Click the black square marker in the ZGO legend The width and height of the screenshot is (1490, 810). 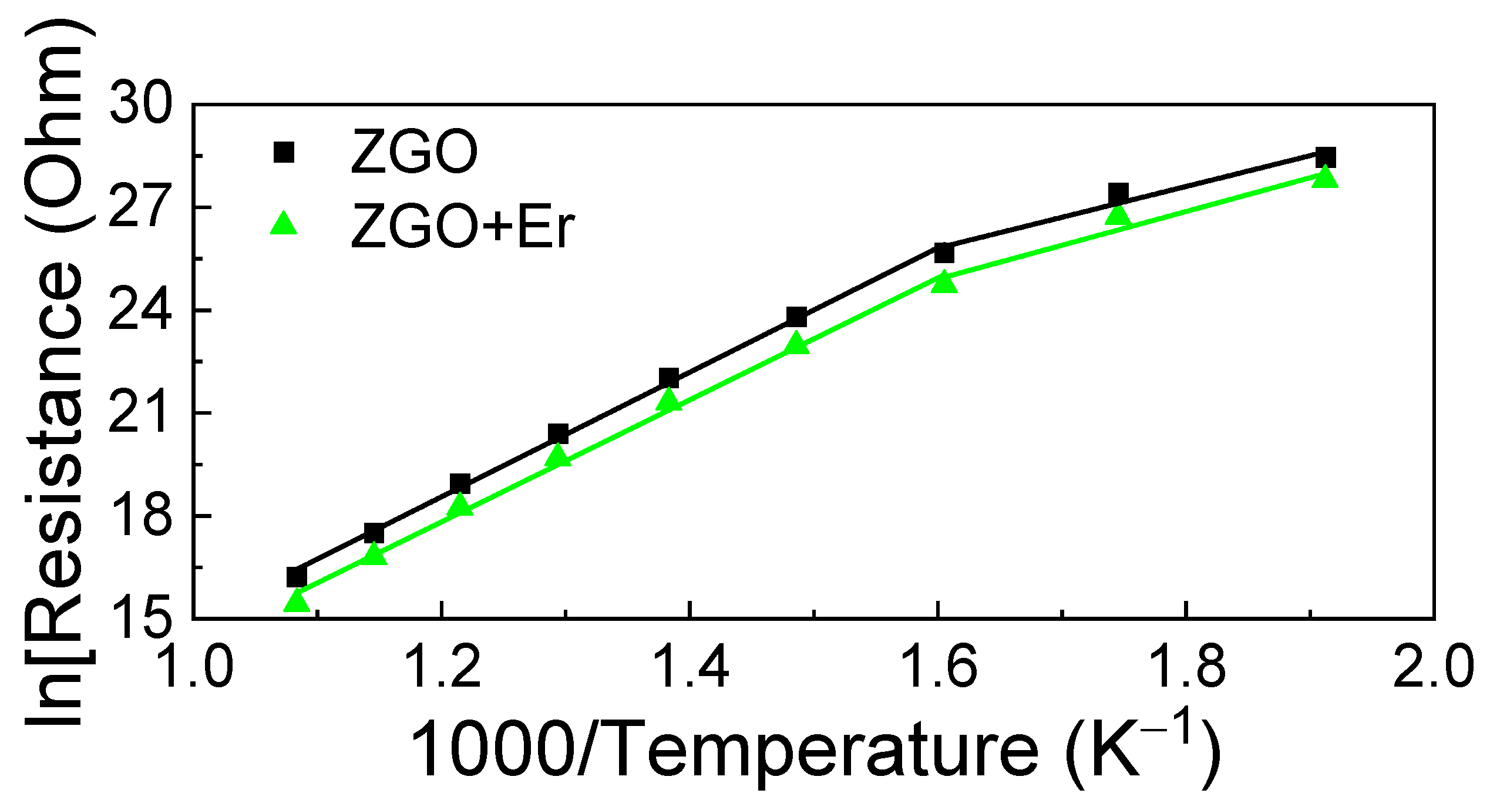[x=284, y=152]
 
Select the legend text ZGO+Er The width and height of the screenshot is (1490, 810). [x=462, y=226]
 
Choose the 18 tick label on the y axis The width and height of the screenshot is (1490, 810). [x=141, y=516]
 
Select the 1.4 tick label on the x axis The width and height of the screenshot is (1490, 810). [x=691, y=667]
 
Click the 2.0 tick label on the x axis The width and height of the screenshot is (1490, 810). [x=1433, y=667]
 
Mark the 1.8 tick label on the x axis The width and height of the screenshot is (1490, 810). [x=1186, y=667]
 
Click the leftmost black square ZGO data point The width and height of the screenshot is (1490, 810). [x=297, y=577]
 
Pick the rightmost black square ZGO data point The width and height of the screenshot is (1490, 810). [x=1326, y=157]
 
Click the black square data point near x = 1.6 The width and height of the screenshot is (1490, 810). [x=944, y=253]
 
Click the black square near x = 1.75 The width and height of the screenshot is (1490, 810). [x=1118, y=193]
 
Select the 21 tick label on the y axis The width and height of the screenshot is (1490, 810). [x=141, y=413]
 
